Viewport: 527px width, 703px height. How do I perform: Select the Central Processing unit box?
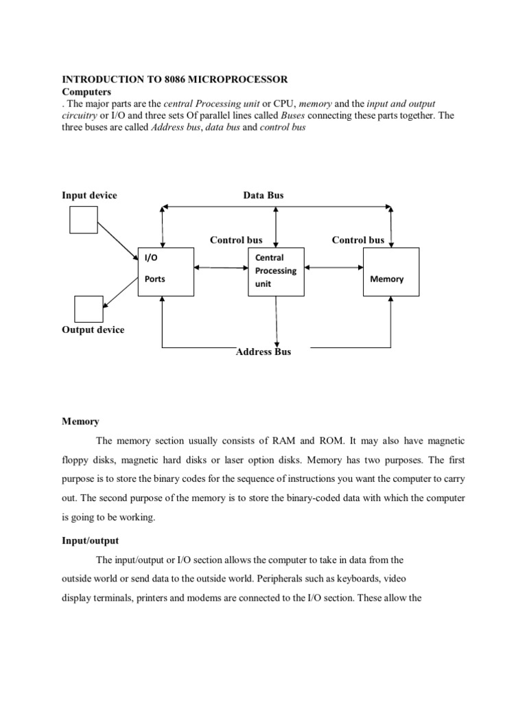tap(276, 270)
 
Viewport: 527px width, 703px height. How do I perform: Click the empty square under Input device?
tap(83, 220)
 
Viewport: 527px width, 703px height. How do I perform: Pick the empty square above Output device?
tap(87, 308)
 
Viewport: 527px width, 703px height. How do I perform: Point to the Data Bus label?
tap(263, 196)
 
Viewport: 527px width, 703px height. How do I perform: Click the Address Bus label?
tap(263, 351)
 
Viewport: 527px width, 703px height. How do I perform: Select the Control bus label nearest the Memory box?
tap(358, 240)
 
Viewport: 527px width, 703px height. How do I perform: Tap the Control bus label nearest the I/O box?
tap(236, 240)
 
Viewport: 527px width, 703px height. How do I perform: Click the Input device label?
tap(90, 196)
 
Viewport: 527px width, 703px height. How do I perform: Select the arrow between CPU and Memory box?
tap(333, 268)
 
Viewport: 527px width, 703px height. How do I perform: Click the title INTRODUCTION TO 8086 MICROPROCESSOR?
tap(171, 80)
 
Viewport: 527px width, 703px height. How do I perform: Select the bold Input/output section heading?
tap(91, 522)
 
